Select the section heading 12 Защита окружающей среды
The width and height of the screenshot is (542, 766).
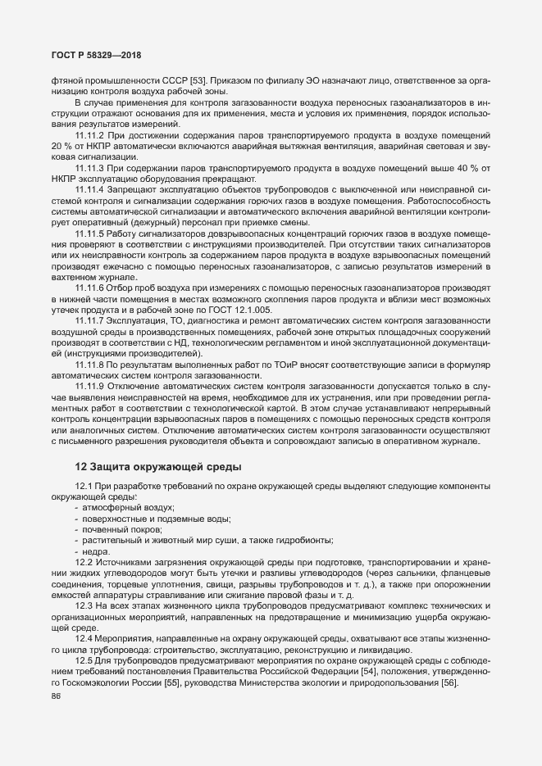(x=158, y=467)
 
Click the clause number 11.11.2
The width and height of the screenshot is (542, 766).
(x=93, y=134)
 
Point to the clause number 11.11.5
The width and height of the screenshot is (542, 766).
(x=93, y=233)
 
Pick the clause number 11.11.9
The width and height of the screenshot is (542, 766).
(x=93, y=385)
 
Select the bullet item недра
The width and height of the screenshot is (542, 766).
(x=96, y=553)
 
